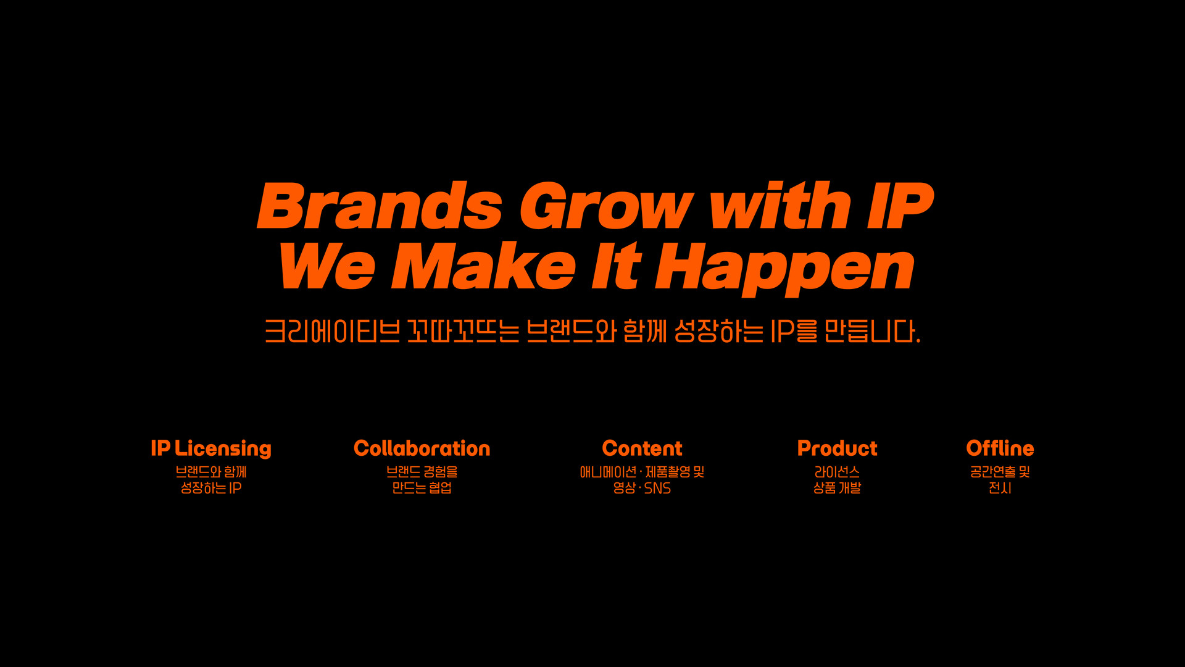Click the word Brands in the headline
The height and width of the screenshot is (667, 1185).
point(380,205)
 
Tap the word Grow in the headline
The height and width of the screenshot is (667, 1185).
point(606,206)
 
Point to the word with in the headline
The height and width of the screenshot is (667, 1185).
point(781,205)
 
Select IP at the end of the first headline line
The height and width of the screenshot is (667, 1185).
point(900,206)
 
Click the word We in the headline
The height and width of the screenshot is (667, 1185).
point(326,266)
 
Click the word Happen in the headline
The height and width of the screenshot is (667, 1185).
point(785,269)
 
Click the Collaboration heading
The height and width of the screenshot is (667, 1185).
point(422,448)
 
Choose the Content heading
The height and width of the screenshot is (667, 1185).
point(642,448)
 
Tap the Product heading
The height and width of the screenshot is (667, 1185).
point(837,448)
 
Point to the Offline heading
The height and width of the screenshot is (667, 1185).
point(1000,448)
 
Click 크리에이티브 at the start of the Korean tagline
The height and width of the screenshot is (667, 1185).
point(332,332)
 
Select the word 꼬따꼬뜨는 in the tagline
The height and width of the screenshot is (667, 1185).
point(463,332)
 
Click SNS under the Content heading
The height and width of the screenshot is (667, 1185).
point(657,489)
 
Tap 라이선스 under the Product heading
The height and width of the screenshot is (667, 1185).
point(837,472)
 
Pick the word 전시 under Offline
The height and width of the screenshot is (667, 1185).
point(1000,488)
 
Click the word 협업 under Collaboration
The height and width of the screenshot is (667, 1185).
point(441,488)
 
